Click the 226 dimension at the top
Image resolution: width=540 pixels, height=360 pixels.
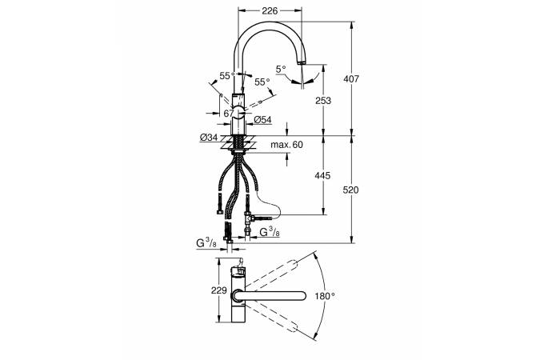[x=270, y=10]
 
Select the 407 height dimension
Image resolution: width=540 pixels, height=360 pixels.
[x=351, y=79]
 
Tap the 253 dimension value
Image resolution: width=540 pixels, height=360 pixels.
[x=323, y=101]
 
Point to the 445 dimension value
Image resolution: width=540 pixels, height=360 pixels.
[x=322, y=176]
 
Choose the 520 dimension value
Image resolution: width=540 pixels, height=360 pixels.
[x=350, y=190]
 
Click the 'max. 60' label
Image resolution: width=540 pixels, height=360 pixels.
[x=286, y=144]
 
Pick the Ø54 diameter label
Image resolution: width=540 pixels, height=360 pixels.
[x=262, y=119]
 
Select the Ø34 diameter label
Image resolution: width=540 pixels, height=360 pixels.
[x=209, y=138]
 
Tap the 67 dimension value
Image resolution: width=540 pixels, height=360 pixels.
[x=229, y=113]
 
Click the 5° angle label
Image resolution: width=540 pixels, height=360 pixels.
[x=281, y=70]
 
